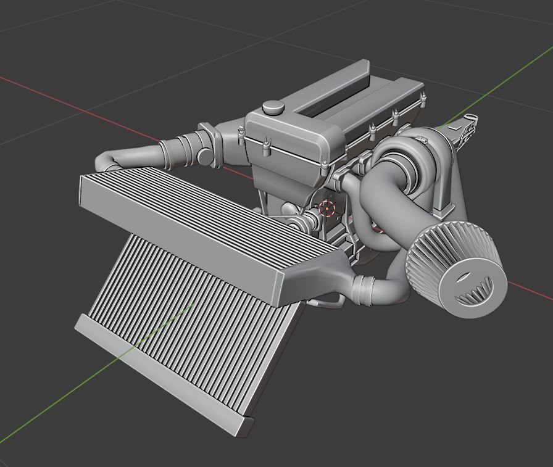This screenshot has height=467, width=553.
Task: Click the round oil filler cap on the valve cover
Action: (272, 107)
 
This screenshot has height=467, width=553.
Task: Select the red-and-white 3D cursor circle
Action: (327, 209)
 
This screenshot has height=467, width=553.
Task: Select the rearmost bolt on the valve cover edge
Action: (423, 97)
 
